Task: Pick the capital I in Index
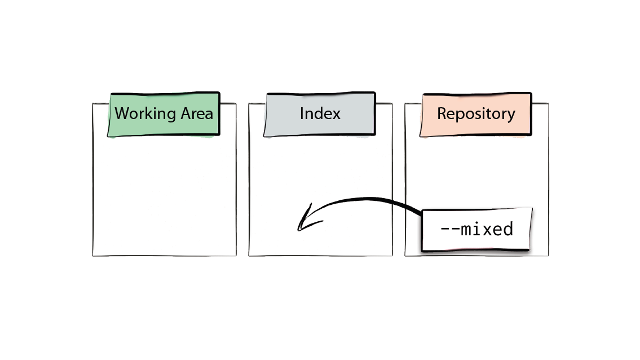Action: coord(302,113)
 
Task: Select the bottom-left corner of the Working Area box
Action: coord(93,256)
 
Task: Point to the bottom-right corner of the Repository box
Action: coord(548,256)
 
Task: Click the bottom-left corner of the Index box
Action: coord(249,256)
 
